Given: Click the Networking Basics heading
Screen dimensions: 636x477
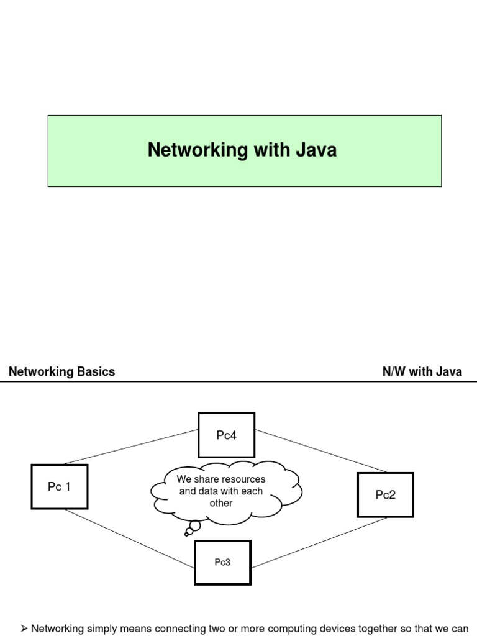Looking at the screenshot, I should tap(61, 372).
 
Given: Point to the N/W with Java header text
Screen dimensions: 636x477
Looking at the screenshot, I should tap(422, 372).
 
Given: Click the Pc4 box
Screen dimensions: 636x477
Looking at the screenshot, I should tap(226, 435).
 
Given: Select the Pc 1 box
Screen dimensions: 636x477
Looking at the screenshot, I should tap(59, 487).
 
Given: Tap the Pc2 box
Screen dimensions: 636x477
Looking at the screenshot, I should tap(385, 494).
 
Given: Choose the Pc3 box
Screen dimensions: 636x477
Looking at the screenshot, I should tap(222, 562).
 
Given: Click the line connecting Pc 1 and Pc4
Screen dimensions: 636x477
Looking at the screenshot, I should tap(130, 447).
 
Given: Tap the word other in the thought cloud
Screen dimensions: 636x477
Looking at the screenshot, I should tap(221, 503).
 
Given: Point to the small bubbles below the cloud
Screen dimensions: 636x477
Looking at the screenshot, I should tap(193, 528).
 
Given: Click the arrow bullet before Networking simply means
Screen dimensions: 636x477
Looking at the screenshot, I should tap(24, 629).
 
